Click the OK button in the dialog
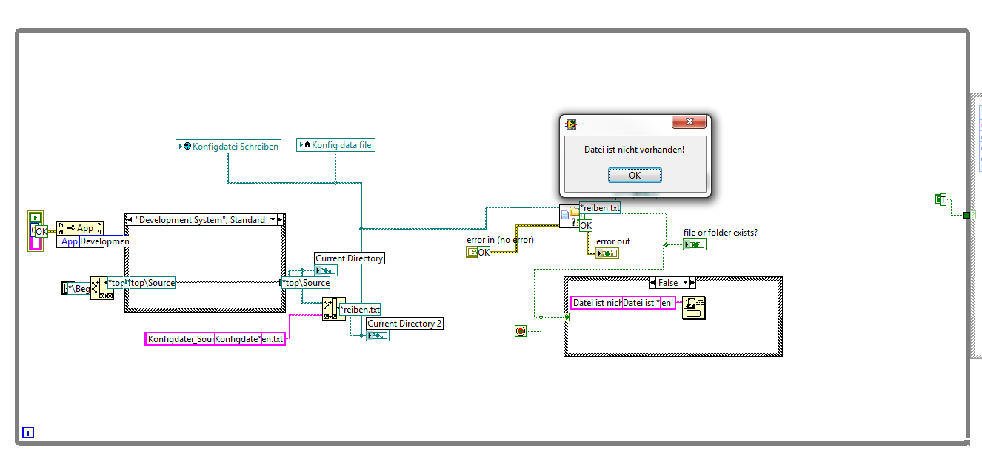(635, 175)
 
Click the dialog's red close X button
(689, 122)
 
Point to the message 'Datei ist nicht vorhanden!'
(635, 150)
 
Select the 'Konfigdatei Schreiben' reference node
(229, 147)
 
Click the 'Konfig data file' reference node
(335, 145)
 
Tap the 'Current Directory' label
(350, 258)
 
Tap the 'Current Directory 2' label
(404, 324)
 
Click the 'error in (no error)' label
(500, 240)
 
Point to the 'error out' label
(613, 241)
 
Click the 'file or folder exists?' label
(721, 233)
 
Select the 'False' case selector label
(668, 283)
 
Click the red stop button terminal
(520, 331)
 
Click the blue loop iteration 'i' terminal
(28, 433)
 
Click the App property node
(80, 228)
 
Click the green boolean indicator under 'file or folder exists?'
(694, 244)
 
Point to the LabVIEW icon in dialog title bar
(571, 124)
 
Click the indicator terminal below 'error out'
(607, 253)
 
